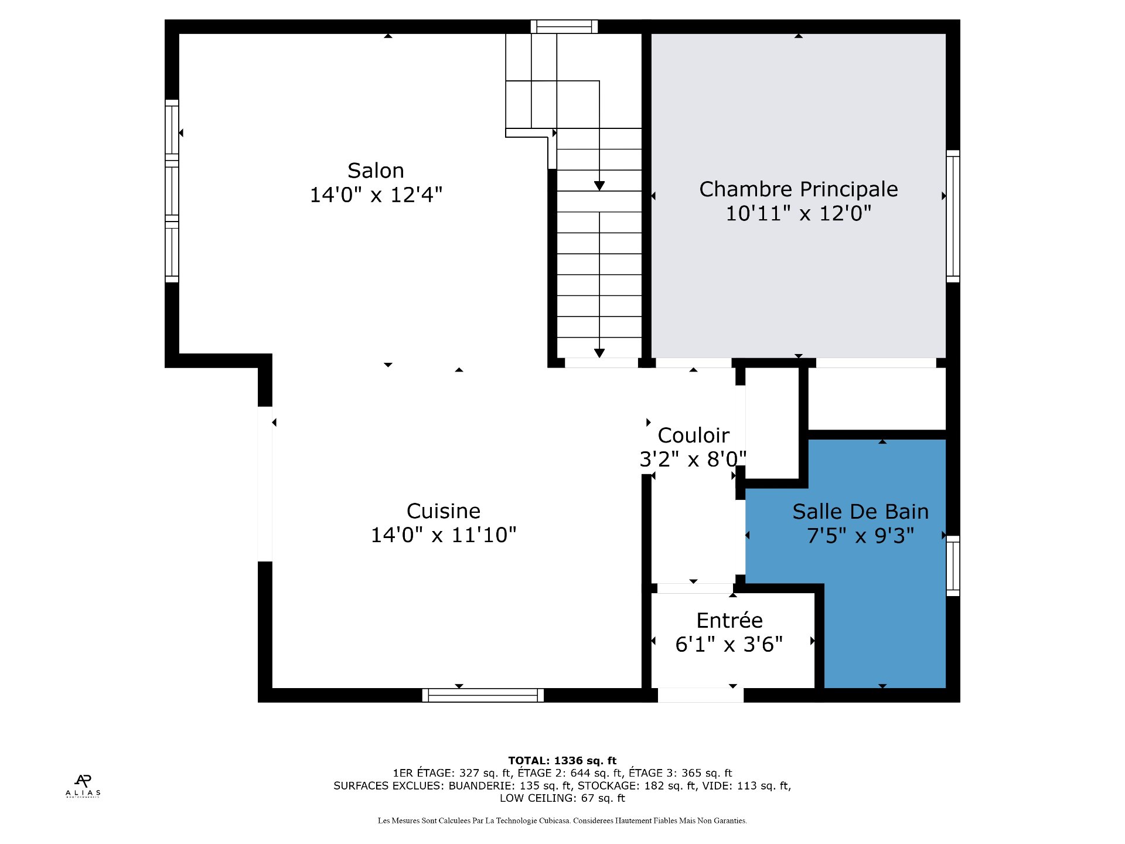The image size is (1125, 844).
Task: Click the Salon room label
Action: coord(376,171)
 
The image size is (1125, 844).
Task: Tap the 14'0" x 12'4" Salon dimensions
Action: coord(376,195)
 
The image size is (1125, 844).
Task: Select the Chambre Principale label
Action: coord(798,189)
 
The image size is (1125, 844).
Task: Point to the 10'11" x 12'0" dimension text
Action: coord(798,213)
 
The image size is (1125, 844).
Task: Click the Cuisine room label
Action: coord(444,511)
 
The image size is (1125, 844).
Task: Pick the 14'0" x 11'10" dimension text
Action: coord(444,535)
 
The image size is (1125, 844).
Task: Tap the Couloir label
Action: coord(693,435)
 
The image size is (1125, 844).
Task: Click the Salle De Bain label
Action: coord(860,512)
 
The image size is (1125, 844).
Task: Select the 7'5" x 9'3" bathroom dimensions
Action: coord(860,536)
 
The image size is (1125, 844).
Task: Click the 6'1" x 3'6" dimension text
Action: coord(729,644)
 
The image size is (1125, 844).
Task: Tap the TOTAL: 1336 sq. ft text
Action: coord(562,761)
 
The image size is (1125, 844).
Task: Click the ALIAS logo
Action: coord(83,786)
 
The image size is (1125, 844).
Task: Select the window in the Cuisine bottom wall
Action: coord(483,695)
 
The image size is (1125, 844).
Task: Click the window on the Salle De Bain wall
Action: coord(953,566)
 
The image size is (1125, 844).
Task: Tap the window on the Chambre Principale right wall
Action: coord(953,216)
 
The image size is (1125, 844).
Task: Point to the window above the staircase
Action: coord(564,26)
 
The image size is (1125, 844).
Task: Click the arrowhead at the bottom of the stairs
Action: coord(599,353)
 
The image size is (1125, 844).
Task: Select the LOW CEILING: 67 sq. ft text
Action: coord(562,798)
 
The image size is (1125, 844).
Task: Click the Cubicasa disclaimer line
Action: coord(562,821)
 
